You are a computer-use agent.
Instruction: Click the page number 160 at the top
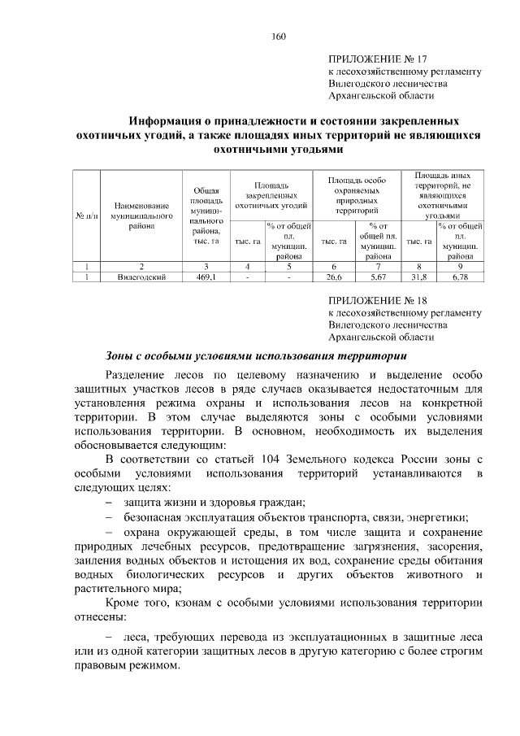[276, 36]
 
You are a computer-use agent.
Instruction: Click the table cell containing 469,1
[206, 277]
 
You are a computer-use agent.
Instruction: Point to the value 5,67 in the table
[379, 277]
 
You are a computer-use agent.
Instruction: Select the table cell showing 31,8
[418, 277]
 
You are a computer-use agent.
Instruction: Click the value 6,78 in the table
[460, 277]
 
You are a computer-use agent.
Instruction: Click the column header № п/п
[86, 216]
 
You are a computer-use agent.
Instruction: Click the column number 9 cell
[460, 265]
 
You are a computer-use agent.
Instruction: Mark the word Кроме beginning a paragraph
[123, 603]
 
